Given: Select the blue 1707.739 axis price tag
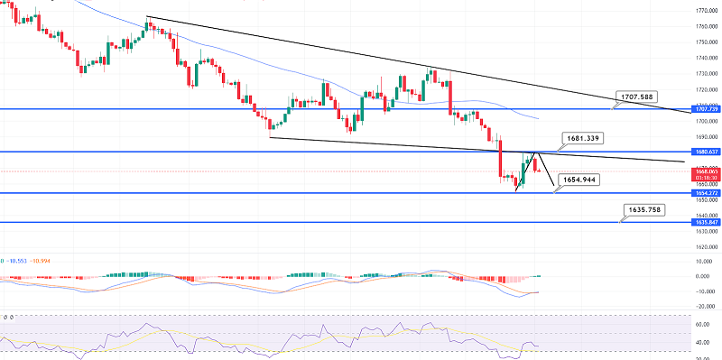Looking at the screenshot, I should coord(706,108).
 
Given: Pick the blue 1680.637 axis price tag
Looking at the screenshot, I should coord(706,152).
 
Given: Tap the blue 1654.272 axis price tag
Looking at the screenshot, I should coord(706,193).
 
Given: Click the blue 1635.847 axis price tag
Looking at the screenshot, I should coord(706,221).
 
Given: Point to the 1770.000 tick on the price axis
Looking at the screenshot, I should coord(706,10).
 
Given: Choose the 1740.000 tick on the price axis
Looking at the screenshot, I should coord(706,58).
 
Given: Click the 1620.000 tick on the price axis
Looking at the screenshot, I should coord(706,245).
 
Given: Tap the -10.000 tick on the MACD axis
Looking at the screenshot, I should coord(706,291).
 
